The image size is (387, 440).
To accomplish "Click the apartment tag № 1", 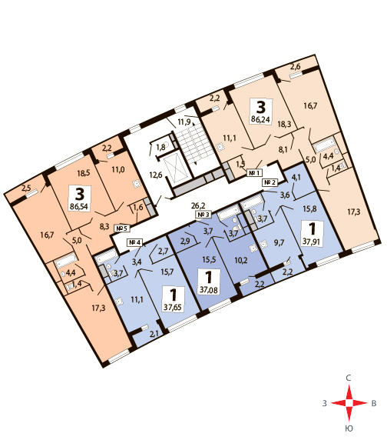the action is [254, 172].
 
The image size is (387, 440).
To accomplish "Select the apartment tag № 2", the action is [270, 182].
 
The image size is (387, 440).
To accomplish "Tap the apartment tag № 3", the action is [203, 215].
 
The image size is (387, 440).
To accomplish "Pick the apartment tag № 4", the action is [135, 242].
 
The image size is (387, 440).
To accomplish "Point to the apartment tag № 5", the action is [122, 228].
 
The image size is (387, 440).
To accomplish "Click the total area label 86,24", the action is [260, 119].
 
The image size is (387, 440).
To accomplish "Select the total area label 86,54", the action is [79, 207].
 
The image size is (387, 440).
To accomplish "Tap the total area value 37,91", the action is [311, 242].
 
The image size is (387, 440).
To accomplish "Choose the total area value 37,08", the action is [208, 289].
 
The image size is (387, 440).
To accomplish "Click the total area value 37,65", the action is [173, 307].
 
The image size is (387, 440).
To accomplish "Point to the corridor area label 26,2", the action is [198, 205].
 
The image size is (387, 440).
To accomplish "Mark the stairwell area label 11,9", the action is [184, 122].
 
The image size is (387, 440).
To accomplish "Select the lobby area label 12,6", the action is [156, 175].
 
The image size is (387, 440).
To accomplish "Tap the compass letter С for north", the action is [349, 378].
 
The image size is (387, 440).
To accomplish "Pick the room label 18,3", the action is [284, 124].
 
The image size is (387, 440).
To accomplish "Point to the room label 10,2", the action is [241, 260].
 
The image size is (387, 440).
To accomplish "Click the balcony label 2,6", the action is [295, 67].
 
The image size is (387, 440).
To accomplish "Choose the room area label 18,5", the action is [83, 173].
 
